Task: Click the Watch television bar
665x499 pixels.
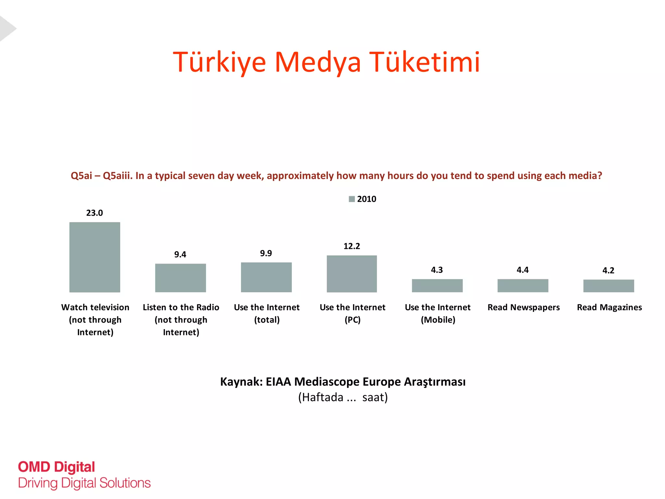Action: point(95,257)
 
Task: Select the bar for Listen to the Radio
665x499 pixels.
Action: point(181,278)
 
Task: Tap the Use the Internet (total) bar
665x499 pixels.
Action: point(266,277)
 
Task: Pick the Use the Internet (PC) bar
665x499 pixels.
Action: point(352,274)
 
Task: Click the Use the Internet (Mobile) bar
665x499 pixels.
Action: point(437,286)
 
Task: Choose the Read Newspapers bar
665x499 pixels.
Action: point(523,286)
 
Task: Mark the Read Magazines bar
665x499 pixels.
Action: point(609,286)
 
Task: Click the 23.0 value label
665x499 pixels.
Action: point(94,213)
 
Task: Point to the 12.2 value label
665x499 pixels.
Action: point(352,246)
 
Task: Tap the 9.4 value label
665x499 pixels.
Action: point(180,255)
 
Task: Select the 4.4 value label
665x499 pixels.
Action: point(522,270)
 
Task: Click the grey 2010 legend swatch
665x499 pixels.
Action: point(352,199)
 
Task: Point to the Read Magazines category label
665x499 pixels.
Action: point(609,307)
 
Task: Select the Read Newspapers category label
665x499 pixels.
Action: point(523,307)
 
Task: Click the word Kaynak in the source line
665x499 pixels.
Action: point(241,382)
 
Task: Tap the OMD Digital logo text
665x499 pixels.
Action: point(56,467)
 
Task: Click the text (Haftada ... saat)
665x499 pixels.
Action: point(343,397)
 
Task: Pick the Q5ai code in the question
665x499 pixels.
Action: point(82,176)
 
